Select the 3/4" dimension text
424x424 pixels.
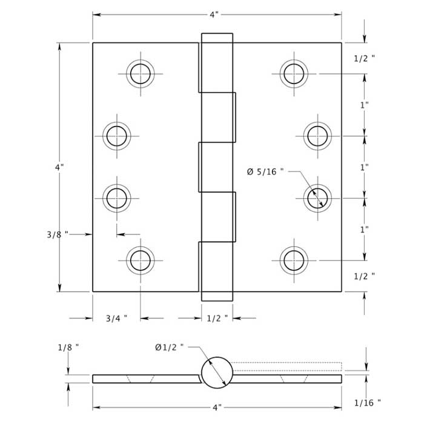click(x=116, y=318)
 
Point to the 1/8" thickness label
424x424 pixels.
click(x=68, y=347)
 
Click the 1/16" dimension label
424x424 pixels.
click(x=367, y=402)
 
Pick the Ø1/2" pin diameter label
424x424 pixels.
click(x=169, y=347)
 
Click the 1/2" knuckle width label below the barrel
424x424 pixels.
click(x=217, y=318)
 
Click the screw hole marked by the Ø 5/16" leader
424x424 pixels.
click(x=317, y=197)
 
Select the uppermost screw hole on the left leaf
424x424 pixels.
click(x=141, y=73)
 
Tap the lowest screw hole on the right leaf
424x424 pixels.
click(x=294, y=260)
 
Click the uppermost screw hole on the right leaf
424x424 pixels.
click(x=294, y=73)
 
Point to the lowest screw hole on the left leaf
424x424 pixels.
click(x=141, y=260)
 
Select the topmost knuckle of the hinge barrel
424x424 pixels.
click(x=216, y=62)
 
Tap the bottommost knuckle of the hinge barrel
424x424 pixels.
click(x=216, y=271)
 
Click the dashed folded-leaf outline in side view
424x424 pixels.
click(x=287, y=366)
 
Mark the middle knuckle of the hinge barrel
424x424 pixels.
click(x=216, y=167)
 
